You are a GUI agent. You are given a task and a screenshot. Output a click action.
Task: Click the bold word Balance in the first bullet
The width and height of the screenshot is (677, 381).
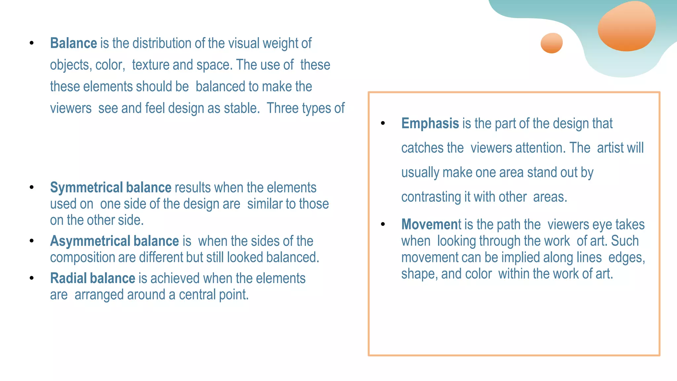tap(73, 43)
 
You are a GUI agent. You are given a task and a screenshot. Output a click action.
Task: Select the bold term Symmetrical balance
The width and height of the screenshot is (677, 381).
tap(110, 188)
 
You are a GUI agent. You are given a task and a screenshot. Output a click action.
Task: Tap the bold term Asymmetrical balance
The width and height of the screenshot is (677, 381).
tap(114, 241)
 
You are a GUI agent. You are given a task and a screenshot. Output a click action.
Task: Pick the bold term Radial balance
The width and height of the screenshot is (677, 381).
tap(93, 278)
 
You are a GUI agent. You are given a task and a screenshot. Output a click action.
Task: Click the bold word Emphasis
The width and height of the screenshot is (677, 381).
tap(430, 124)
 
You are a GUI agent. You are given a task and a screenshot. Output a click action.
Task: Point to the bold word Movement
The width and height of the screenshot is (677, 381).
tap(431, 225)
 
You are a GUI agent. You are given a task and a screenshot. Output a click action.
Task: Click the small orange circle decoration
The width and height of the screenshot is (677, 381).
tap(551, 43)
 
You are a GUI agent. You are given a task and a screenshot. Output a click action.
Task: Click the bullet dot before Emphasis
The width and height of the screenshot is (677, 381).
tap(383, 123)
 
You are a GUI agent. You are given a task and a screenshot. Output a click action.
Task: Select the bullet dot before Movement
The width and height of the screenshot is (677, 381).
tap(383, 224)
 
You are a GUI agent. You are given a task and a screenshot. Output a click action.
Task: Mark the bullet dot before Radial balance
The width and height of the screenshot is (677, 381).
tap(31, 278)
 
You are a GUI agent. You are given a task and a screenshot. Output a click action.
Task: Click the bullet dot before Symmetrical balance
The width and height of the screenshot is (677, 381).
tap(31, 188)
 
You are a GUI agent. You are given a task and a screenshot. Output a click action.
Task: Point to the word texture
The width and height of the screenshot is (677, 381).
tap(150, 65)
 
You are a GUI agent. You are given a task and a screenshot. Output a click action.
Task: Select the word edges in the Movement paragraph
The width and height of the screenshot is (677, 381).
tap(626, 258)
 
